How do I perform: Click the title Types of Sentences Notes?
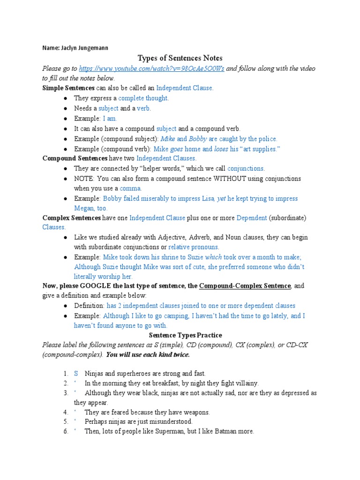point(180,58)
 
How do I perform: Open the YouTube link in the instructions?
point(151,68)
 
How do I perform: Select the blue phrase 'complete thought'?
point(143,98)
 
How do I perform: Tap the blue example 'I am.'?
point(110,118)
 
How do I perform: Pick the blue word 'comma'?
point(132,188)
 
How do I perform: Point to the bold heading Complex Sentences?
point(72,218)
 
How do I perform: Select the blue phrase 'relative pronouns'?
point(194,247)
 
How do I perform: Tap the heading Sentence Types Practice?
point(179,335)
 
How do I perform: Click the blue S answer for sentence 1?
point(76,374)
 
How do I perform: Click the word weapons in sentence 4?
point(194,412)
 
